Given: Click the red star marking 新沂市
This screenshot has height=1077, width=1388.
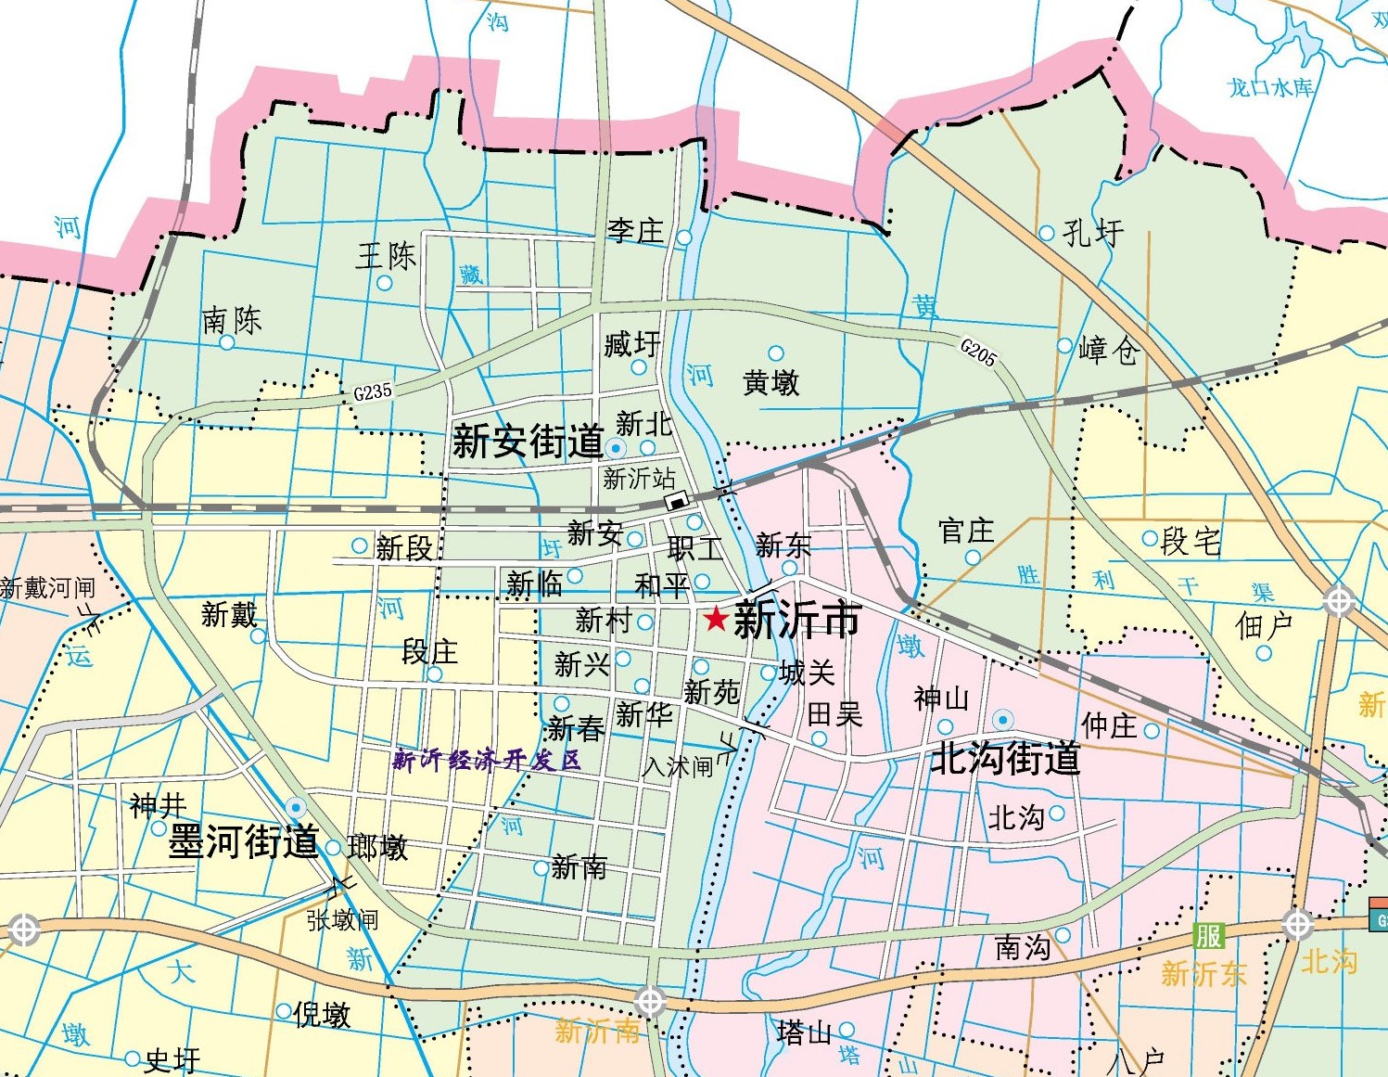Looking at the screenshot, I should click(x=715, y=619).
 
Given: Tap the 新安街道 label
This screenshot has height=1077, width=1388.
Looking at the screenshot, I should click(x=527, y=442).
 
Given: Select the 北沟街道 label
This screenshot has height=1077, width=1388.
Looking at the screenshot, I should click(x=1005, y=759).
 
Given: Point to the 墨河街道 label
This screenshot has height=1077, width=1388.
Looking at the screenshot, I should click(x=243, y=842).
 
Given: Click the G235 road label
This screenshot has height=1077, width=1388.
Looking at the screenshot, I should click(x=373, y=392).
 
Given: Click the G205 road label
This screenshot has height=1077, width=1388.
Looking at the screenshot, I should click(x=978, y=353).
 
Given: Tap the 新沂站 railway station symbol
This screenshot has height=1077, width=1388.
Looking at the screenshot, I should click(x=679, y=502).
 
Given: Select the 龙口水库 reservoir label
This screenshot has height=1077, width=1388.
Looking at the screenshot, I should click(x=1270, y=88).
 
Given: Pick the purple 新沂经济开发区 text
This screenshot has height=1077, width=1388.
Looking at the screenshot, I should click(x=487, y=761).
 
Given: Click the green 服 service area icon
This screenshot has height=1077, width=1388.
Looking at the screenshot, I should click(x=1208, y=935).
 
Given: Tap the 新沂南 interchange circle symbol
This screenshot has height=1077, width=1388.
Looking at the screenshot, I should click(x=650, y=1002).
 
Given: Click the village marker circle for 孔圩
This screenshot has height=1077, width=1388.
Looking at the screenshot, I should click(x=1047, y=233).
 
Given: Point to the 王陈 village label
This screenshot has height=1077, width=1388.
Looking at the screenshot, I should click(x=386, y=256).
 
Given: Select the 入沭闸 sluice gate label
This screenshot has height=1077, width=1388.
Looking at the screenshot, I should click(x=678, y=767).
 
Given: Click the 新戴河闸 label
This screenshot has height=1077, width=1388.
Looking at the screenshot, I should click(x=47, y=588).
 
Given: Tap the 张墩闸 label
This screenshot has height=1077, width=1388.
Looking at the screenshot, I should click(x=342, y=920).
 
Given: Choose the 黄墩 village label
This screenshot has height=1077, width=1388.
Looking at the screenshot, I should click(x=770, y=382).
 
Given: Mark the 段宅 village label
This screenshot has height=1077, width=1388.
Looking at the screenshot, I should click(x=1191, y=541).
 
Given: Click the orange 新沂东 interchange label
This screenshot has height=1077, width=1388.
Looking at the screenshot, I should click(x=1203, y=974).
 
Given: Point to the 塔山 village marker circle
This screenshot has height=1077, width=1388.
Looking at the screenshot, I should click(x=847, y=1031).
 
